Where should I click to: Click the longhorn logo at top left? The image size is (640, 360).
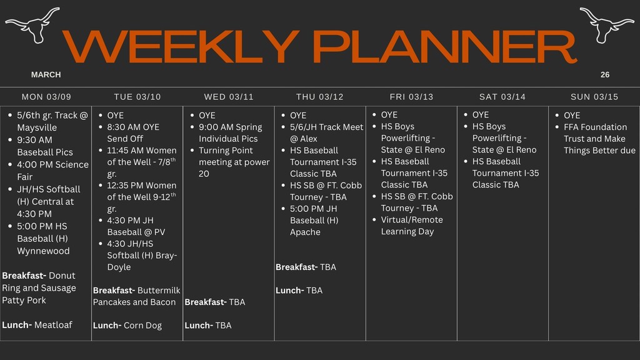32,24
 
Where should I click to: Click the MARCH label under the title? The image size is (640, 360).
46,75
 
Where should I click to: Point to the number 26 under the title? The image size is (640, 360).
604,75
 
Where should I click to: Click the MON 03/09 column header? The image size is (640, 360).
46,97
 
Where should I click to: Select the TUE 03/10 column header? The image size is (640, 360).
137,97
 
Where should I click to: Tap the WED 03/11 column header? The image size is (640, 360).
229,97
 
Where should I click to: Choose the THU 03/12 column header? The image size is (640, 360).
320,97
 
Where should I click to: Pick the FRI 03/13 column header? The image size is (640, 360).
411,97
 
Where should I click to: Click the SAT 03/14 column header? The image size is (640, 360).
502,97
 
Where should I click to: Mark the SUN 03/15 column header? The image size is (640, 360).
594,97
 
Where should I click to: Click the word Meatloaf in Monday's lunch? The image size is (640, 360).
53,325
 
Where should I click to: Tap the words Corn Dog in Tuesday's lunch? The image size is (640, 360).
142,326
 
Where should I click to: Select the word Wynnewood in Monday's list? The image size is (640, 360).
43,251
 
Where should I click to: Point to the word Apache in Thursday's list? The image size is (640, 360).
305,232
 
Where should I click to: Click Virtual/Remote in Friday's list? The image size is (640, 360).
412,220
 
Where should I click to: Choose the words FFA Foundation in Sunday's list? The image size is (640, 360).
595,127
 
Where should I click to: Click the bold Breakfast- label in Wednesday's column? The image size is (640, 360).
206,302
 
